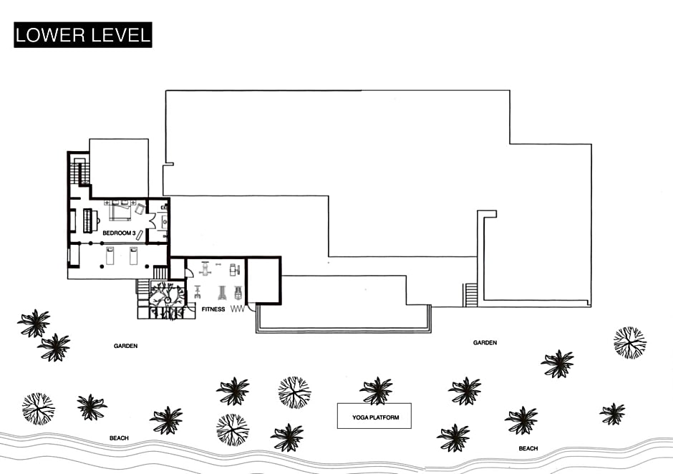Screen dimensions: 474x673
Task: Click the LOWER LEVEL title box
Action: coord(83,35)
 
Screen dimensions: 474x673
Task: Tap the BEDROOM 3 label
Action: coord(119,233)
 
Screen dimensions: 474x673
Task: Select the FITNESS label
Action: coord(213,309)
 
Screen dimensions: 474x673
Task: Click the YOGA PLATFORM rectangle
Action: coord(374,416)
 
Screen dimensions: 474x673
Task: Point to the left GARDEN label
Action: coord(125,346)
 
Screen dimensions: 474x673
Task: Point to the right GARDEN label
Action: coord(485,343)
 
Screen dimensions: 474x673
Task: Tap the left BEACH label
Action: coord(119,437)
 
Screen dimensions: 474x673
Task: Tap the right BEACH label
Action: coord(528,448)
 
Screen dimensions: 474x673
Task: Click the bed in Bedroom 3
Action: coord(120,211)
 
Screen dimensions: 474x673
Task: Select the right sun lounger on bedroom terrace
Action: coord(133,256)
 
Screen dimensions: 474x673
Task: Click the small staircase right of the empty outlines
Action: coord(470,294)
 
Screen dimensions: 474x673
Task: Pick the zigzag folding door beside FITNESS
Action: coord(238,309)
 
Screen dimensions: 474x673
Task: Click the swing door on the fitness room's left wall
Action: coord(188,273)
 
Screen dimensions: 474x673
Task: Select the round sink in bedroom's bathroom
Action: coord(163,221)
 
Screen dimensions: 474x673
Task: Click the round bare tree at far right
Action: coord(629,342)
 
